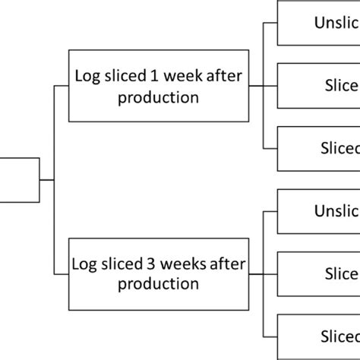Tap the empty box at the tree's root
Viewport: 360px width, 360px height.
coord(19,180)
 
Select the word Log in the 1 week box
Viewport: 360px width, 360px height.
coord(86,77)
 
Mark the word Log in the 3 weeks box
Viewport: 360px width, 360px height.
coord(83,264)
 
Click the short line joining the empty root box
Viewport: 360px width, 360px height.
coord(47,180)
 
